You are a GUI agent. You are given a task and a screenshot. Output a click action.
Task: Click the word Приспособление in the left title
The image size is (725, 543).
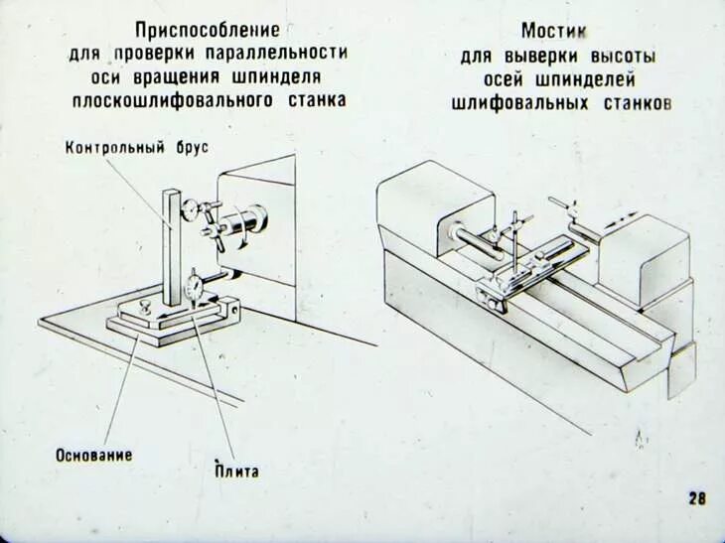210,31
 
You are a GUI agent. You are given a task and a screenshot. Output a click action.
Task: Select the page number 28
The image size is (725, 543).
697,498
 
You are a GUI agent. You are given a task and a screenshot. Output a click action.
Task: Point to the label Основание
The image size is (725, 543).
94,455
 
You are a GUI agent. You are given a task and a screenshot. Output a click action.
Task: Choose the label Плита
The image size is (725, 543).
236,471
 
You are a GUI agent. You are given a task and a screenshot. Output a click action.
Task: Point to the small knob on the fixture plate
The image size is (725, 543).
146,307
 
